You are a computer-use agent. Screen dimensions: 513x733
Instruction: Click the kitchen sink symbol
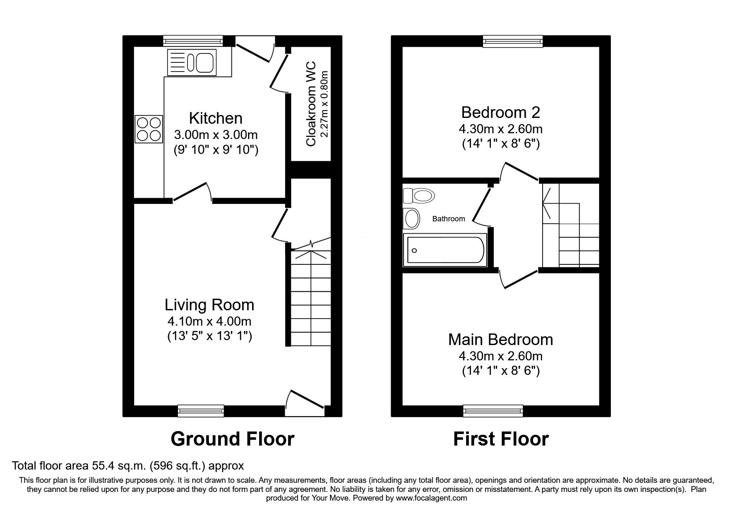pyautogui.click(x=192, y=62)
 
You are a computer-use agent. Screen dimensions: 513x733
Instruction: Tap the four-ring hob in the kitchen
pyautogui.click(x=149, y=129)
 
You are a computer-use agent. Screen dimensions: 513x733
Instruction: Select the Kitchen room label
pyautogui.click(x=216, y=118)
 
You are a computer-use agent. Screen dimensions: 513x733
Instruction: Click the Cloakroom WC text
pyautogui.click(x=311, y=104)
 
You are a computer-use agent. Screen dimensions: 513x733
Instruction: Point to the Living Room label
pyautogui.click(x=209, y=305)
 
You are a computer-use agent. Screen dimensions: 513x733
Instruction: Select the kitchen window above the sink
pyautogui.click(x=193, y=41)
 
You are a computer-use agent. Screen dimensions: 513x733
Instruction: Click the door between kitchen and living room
pyautogui.click(x=192, y=193)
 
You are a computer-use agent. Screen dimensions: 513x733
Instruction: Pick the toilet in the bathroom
pyautogui.click(x=419, y=195)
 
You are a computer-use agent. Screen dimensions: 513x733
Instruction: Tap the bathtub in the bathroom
pyautogui.click(x=445, y=250)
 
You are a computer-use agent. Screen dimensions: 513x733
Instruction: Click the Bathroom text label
pyautogui.click(x=448, y=219)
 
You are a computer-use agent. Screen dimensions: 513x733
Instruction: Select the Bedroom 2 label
pyautogui.click(x=500, y=112)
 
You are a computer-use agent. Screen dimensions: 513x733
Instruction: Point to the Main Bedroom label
pyautogui.click(x=500, y=339)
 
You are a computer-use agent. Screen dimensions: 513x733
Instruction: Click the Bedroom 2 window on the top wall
pyautogui.click(x=513, y=41)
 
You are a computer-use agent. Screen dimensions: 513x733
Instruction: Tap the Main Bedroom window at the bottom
pyautogui.click(x=493, y=410)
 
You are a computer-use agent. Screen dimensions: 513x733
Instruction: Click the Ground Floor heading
pyautogui.click(x=232, y=439)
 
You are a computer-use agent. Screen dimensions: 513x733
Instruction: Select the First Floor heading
pyautogui.click(x=501, y=439)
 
